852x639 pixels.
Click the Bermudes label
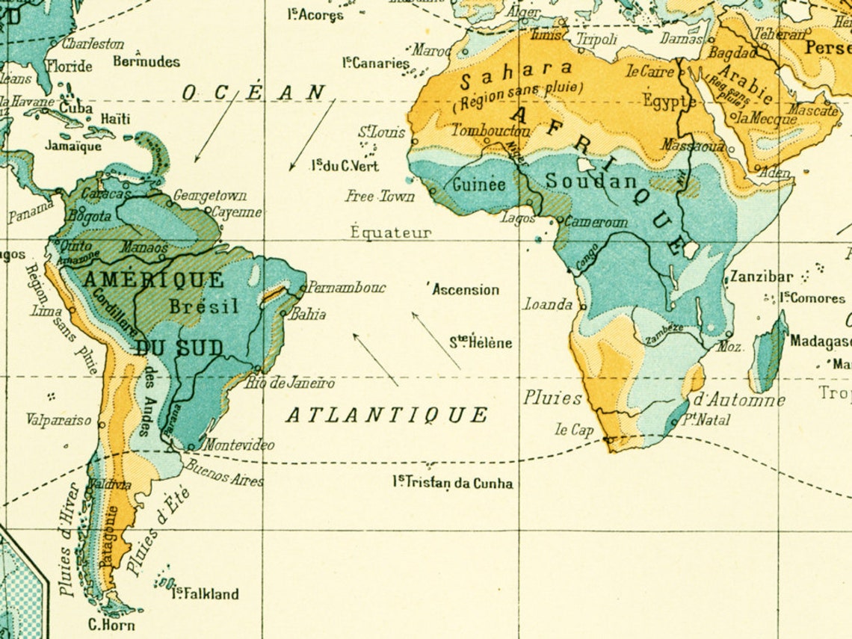(146, 61)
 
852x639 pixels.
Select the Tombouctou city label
(490, 130)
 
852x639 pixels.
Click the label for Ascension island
(465, 290)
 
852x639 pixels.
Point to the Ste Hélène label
(481, 343)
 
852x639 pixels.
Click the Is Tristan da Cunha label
(453, 483)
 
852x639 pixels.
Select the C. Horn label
(111, 625)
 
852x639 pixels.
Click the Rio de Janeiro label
(290, 383)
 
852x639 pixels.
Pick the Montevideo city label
(239, 445)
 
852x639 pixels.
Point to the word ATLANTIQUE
(387, 415)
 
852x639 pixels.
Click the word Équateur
(391, 232)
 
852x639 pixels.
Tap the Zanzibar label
(761, 277)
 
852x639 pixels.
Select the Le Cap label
(574, 430)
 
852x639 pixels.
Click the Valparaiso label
(58, 420)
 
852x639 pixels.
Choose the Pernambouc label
(347, 287)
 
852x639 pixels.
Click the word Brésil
(203, 306)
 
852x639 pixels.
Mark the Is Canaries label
(376, 63)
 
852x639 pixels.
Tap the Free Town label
(380, 197)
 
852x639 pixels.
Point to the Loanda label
(548, 304)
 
